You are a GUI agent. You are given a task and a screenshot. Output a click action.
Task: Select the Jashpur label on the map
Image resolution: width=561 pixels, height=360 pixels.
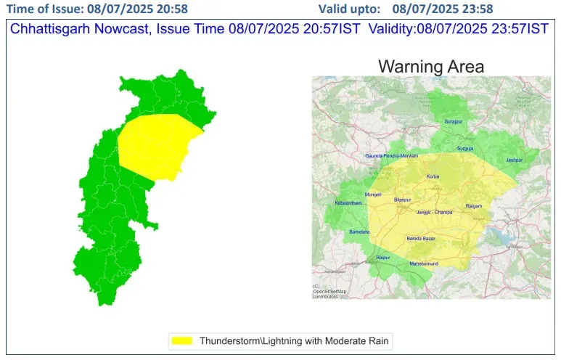click(x=514, y=160)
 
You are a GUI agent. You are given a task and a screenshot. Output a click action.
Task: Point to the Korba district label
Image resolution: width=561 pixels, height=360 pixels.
click(x=433, y=176)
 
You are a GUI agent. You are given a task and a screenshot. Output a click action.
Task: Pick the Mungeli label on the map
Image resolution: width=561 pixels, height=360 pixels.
click(x=373, y=195)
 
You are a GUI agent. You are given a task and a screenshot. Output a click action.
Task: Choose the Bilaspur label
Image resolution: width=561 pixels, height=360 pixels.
click(x=402, y=200)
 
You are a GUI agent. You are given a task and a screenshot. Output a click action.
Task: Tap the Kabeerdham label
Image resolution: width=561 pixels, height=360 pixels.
click(x=348, y=203)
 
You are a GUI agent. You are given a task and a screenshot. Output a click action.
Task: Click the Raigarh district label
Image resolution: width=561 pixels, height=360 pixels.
click(x=474, y=207)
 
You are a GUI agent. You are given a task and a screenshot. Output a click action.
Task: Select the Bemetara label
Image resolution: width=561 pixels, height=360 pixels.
click(x=359, y=232)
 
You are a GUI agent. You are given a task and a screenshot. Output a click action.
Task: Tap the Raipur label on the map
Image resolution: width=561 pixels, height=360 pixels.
click(x=383, y=258)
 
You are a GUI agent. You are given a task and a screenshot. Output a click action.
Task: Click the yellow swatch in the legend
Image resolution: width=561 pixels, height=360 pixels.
click(x=181, y=340)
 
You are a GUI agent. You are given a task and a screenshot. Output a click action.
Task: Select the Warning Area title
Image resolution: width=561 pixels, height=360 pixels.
click(x=431, y=67)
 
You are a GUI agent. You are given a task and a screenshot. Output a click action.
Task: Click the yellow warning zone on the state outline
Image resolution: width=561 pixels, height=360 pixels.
click(x=156, y=145)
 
